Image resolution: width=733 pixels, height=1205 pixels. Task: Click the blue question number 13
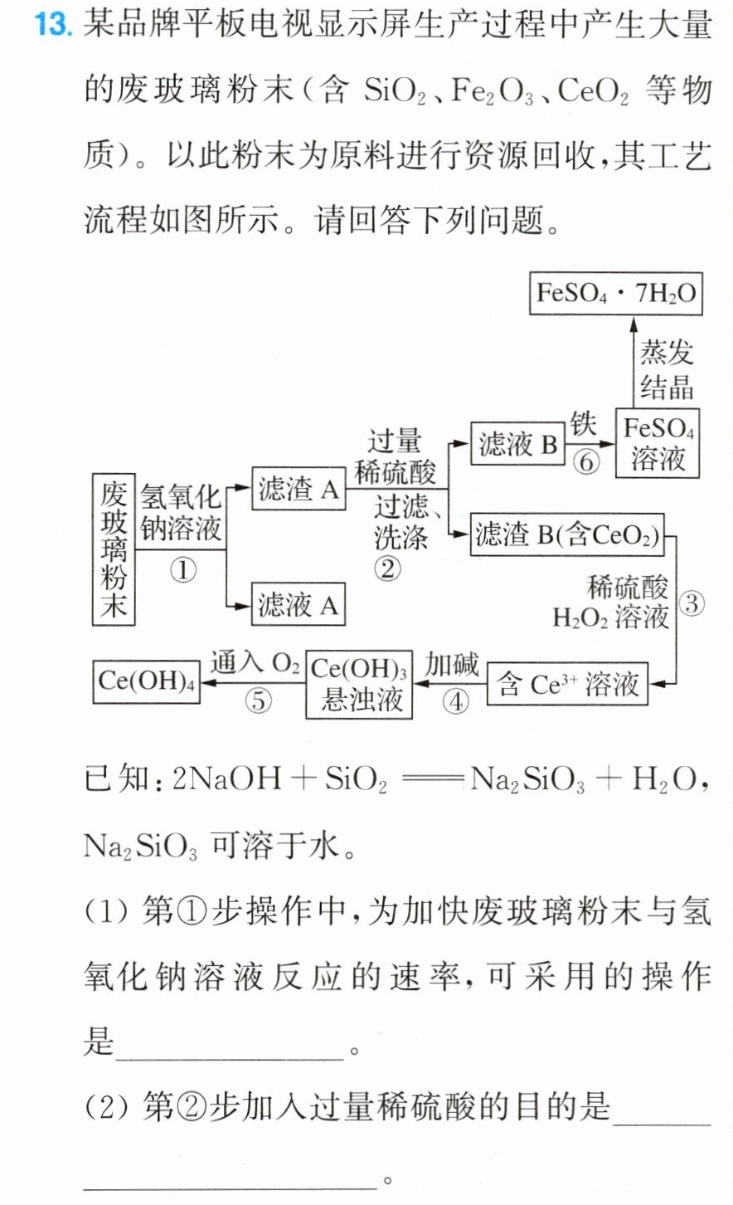(53, 25)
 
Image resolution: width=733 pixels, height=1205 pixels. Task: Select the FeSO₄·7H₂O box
(616, 293)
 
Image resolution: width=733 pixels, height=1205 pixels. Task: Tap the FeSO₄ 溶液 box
(658, 443)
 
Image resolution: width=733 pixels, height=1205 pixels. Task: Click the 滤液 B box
(517, 444)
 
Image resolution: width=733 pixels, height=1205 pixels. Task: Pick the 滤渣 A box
(299, 489)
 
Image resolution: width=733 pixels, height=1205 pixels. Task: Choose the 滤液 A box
(299, 603)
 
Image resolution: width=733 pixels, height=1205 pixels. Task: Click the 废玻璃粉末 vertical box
(114, 549)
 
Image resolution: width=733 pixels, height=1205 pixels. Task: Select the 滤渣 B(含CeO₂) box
(567, 534)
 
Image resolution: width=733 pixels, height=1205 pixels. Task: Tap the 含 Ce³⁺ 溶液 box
(567, 684)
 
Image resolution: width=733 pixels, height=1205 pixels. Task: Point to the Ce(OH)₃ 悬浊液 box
(359, 685)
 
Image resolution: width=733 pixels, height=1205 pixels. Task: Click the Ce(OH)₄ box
(146, 681)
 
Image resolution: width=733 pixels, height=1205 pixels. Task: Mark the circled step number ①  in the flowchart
(183, 570)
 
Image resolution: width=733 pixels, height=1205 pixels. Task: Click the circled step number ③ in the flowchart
(692, 603)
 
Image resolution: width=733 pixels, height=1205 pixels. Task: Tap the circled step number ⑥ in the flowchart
(586, 461)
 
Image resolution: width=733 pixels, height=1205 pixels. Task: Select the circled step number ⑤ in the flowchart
(258, 700)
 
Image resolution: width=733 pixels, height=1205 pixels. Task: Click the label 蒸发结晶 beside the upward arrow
(667, 370)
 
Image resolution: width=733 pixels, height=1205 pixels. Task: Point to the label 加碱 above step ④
(452, 665)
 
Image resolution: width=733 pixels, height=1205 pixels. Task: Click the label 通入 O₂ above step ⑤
(255, 662)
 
